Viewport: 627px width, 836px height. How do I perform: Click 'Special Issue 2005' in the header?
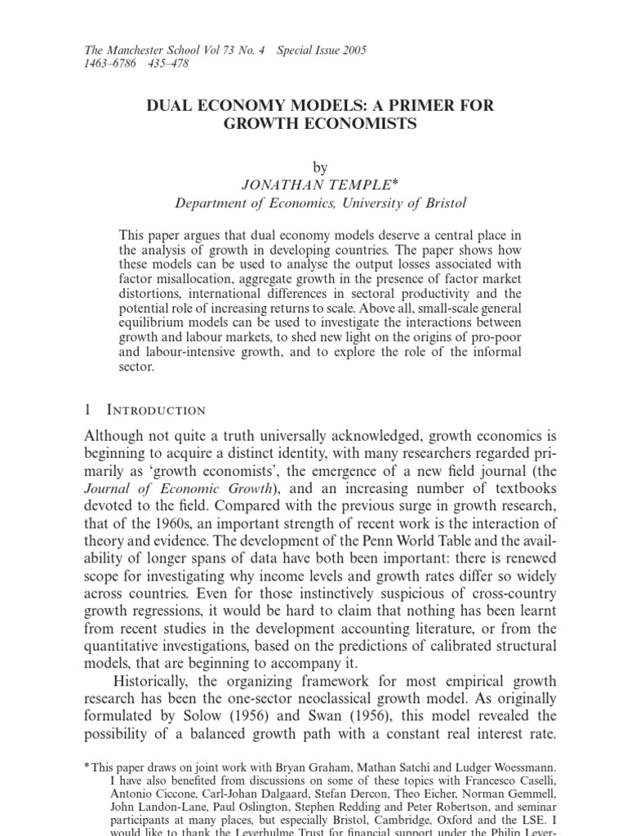(322, 51)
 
